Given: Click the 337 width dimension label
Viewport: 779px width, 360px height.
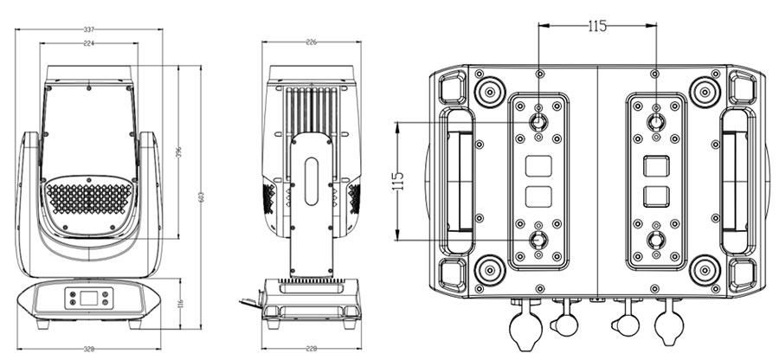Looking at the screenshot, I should point(88,29).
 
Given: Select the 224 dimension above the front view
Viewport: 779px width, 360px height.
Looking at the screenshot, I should point(88,42).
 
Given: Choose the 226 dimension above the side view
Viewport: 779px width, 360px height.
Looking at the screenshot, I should point(312,41).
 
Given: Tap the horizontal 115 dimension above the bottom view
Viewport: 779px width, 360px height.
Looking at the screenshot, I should point(596,26).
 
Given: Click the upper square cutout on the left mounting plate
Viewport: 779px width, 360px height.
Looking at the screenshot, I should point(538,164).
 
